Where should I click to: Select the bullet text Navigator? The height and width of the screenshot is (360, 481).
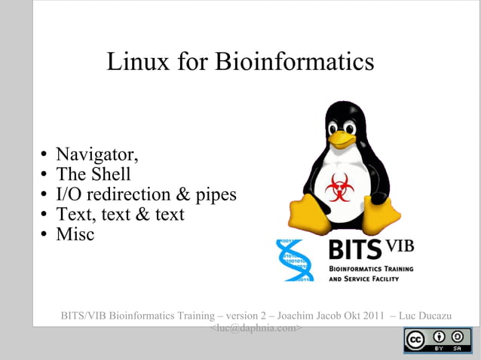point(97,156)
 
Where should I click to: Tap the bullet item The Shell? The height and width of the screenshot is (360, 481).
point(93,175)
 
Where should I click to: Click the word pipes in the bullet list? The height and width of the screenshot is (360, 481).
point(216,195)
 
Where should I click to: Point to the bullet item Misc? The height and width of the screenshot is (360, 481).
point(75,234)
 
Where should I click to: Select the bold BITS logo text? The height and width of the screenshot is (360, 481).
point(356,249)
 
